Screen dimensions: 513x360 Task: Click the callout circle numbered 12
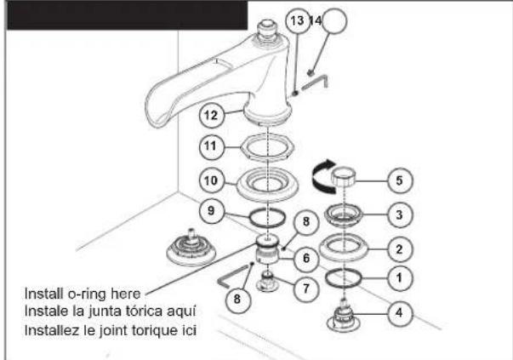[211, 115]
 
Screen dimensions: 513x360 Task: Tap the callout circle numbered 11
[211, 146]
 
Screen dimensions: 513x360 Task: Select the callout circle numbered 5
[400, 180]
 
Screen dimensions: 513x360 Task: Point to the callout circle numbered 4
[400, 313]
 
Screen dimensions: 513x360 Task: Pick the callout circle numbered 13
[298, 20]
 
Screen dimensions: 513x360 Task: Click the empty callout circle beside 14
[333, 20]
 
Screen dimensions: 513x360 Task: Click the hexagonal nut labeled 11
[268, 147]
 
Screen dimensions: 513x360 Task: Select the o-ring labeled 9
[249, 218]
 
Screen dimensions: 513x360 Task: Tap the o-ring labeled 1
[327, 277]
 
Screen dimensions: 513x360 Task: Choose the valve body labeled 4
[344, 316]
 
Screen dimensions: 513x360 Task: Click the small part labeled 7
[268, 281]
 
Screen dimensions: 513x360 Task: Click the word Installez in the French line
[52, 330]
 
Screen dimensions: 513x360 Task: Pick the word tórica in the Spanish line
[142, 311]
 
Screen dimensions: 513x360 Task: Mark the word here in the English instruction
[126, 294]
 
